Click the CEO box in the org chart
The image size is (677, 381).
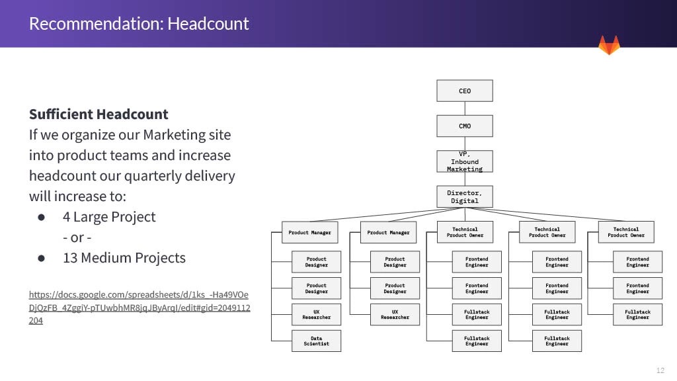[x=465, y=91]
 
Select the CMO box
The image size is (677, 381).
[x=465, y=126]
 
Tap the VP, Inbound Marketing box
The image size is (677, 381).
[x=465, y=161]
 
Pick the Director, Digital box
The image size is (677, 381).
[x=465, y=196]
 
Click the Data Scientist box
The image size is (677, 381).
[x=316, y=341]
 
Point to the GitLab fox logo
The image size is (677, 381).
[x=609, y=46]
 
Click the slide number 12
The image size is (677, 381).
[x=660, y=370]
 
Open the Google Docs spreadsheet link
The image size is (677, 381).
[x=139, y=307]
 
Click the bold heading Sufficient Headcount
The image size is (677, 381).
[x=99, y=114]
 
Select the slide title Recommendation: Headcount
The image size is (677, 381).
[x=139, y=24]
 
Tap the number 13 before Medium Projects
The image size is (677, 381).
[x=70, y=258]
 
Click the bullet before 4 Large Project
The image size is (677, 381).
[x=41, y=217]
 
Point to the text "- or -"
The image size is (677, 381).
[x=81, y=237]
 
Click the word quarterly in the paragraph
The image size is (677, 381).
[x=163, y=176]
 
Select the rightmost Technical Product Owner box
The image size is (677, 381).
[x=625, y=232]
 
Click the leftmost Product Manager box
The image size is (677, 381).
[x=309, y=232]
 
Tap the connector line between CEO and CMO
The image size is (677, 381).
[x=465, y=108]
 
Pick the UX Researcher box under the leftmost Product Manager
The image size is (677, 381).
[x=316, y=314]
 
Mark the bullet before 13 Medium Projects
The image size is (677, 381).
[x=41, y=258]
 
